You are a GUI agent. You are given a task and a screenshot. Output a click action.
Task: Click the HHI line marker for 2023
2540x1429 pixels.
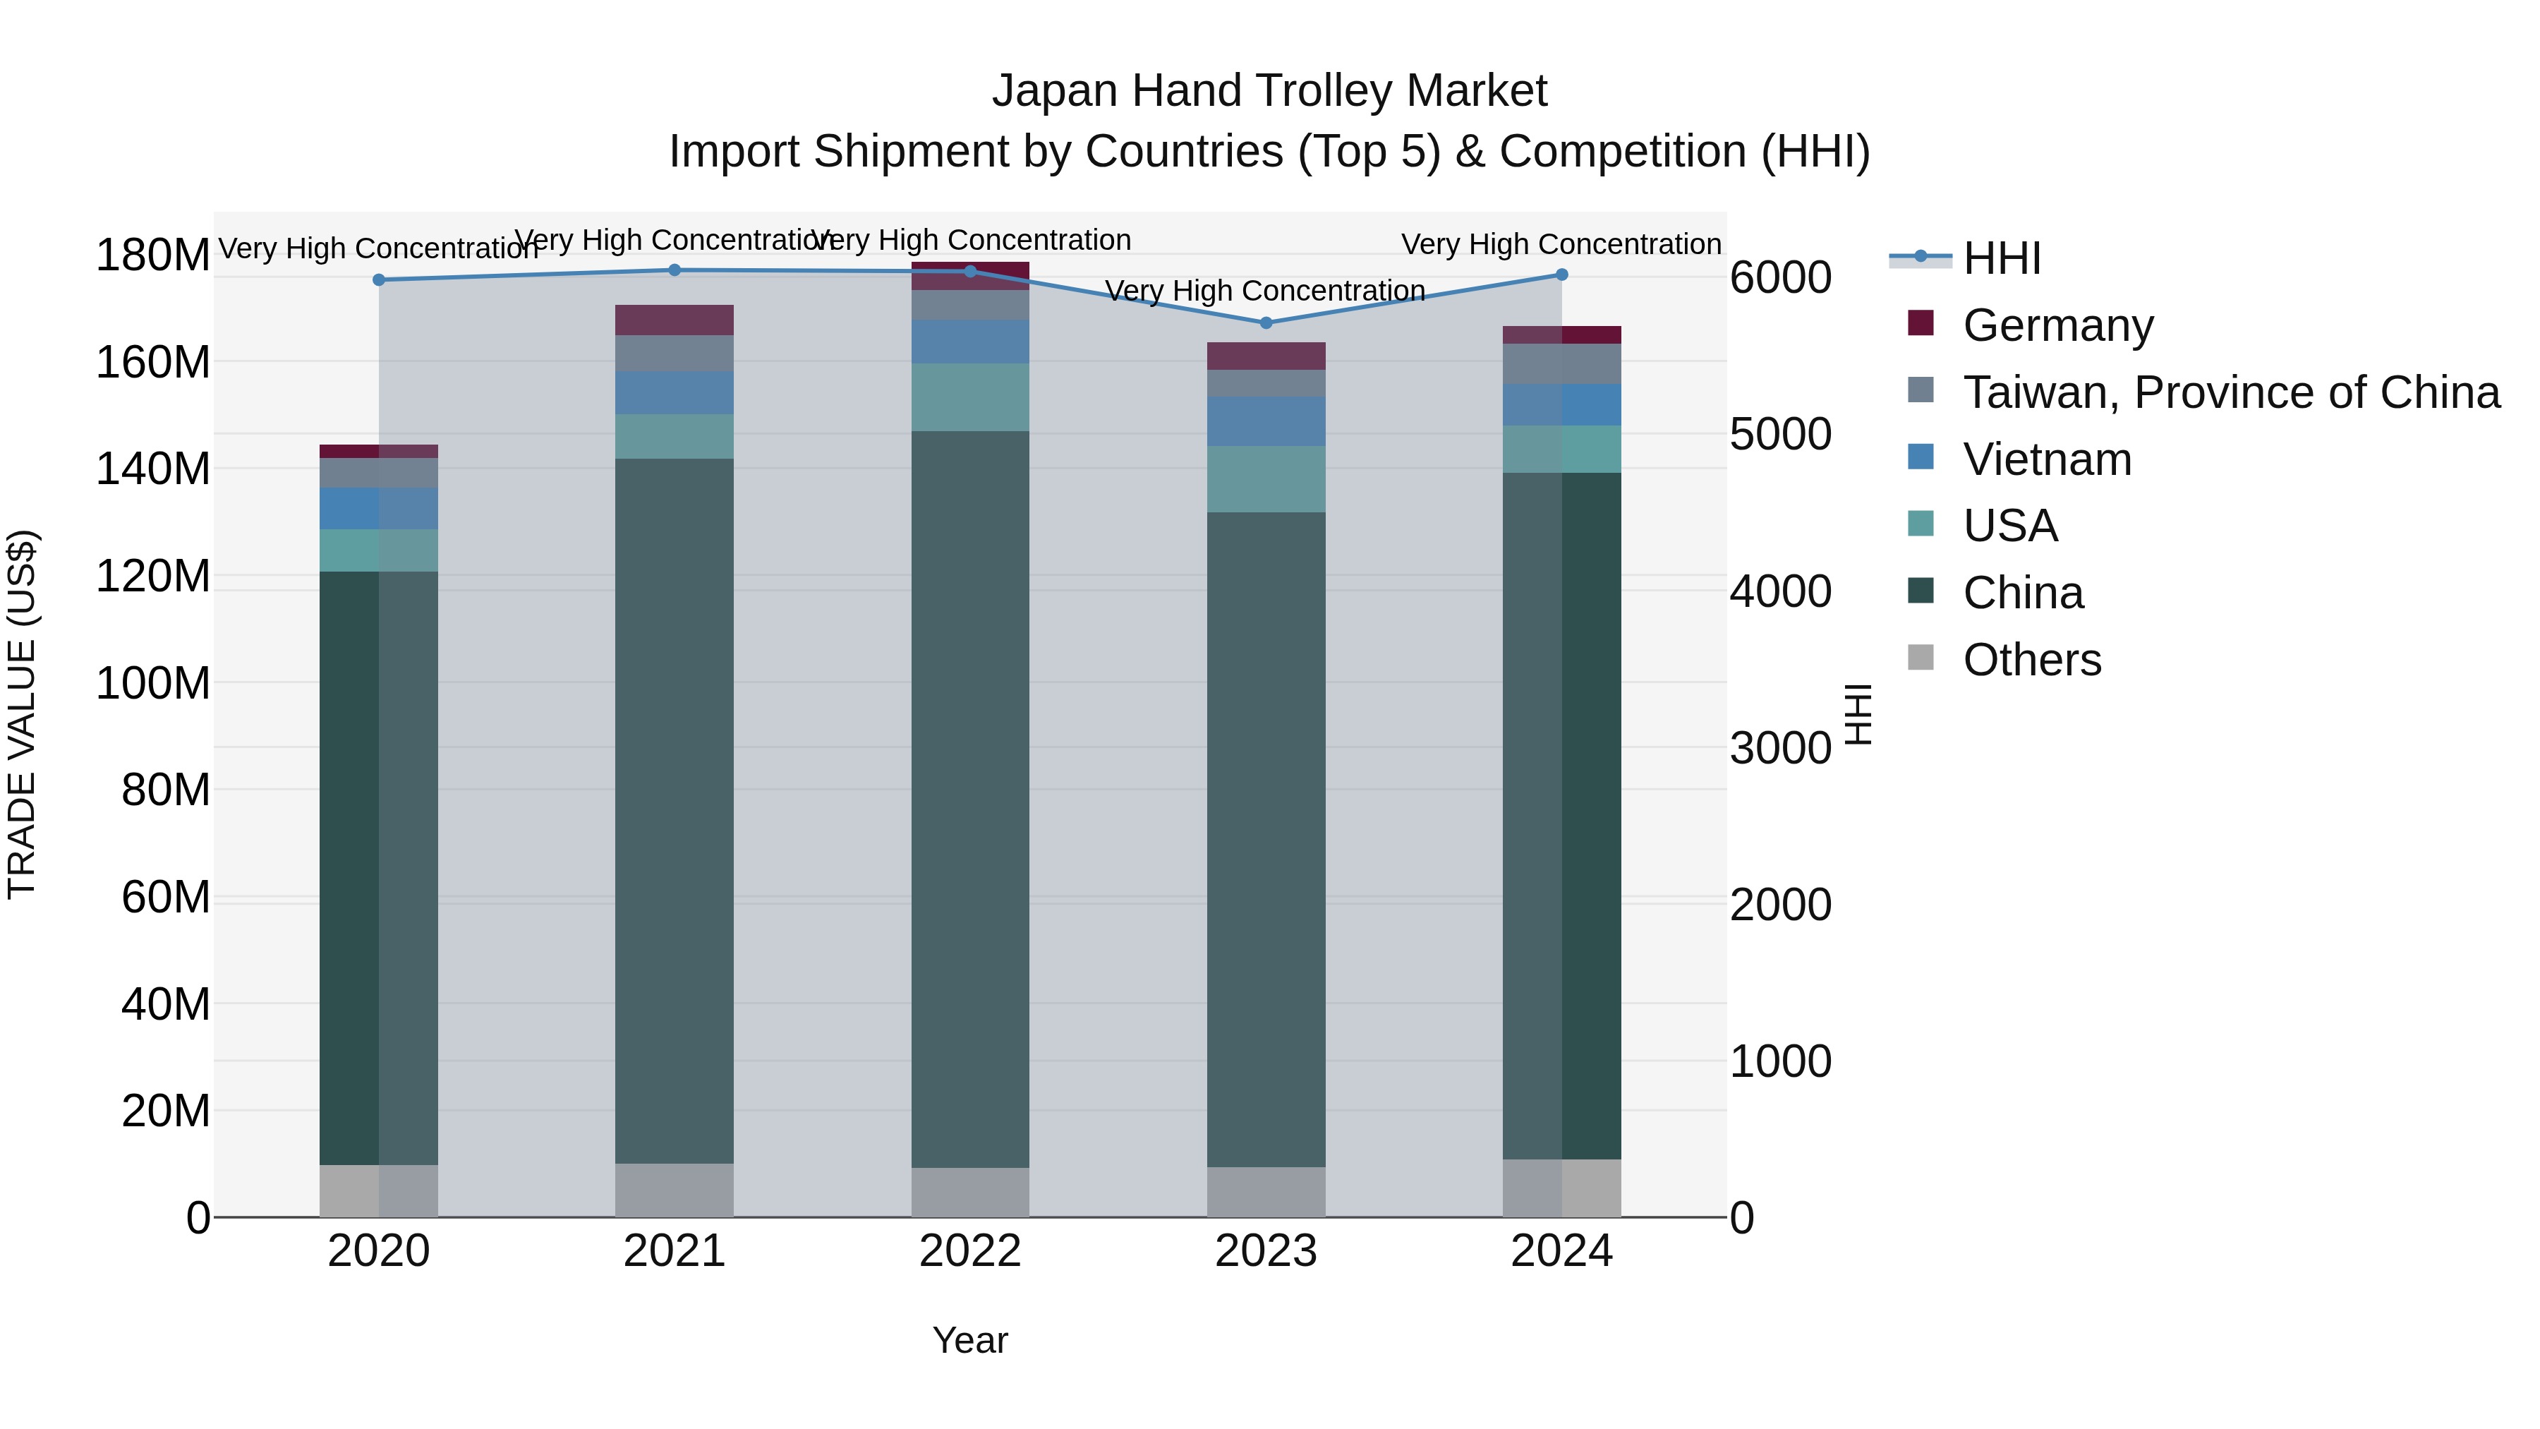click(1266, 322)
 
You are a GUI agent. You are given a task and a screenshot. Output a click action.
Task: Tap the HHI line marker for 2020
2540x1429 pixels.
click(379, 280)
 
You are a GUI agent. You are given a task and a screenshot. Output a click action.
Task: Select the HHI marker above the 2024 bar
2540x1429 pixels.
click(1562, 275)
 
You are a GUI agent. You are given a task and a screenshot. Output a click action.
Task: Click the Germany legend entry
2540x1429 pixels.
click(2057, 325)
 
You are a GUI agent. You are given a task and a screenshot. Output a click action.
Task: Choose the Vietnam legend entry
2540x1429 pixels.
click(2046, 459)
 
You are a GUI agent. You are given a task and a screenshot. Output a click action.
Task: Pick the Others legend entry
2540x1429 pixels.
click(2031, 660)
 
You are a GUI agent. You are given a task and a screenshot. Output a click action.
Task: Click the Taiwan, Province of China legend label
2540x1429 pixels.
click(2230, 392)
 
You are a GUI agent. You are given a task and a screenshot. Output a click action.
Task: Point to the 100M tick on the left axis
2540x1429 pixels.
click(153, 683)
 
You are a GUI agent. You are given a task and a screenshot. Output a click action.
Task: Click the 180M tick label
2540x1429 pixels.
click(153, 255)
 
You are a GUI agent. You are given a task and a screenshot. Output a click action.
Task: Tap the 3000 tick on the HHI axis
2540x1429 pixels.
click(1780, 749)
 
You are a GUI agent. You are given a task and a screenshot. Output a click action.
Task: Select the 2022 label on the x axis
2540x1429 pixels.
click(970, 1251)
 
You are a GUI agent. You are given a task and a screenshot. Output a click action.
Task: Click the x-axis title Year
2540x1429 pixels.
click(970, 1340)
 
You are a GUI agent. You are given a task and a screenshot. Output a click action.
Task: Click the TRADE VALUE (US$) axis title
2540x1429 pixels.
click(22, 714)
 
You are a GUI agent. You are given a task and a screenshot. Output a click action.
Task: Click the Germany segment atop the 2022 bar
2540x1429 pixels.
click(970, 275)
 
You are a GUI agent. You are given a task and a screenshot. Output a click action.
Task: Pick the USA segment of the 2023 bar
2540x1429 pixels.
click(1266, 479)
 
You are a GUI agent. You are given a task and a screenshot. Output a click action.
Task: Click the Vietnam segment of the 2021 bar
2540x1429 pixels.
click(675, 392)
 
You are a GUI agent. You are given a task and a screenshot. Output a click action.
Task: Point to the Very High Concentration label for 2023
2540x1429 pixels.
click(1265, 291)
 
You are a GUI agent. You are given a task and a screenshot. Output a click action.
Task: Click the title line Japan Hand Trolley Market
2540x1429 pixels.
click(1269, 91)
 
